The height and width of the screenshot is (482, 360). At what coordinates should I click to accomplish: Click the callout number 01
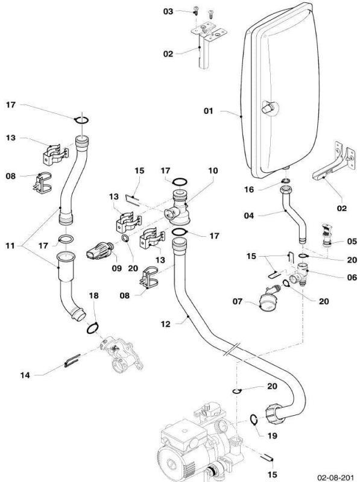(x=208, y=111)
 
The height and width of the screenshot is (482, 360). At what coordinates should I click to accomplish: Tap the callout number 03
(x=168, y=11)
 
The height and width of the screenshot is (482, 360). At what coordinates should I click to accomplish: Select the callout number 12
(x=165, y=324)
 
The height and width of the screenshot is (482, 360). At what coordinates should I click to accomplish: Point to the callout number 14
(x=25, y=375)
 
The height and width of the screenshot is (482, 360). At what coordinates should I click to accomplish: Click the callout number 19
(x=272, y=436)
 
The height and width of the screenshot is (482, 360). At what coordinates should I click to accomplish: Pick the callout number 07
(x=237, y=301)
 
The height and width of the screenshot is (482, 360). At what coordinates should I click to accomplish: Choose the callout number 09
(x=116, y=268)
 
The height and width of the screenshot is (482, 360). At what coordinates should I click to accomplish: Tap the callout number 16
(x=249, y=189)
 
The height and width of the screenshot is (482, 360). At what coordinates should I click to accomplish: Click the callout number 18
(x=93, y=295)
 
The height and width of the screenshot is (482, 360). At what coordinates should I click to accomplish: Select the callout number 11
(x=10, y=246)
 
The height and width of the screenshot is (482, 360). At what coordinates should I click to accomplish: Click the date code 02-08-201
(x=335, y=477)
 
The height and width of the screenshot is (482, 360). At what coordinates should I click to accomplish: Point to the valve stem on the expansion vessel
(x=268, y=108)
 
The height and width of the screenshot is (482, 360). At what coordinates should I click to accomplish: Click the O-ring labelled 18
(x=92, y=328)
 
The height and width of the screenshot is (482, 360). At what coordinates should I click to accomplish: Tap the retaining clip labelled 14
(x=72, y=360)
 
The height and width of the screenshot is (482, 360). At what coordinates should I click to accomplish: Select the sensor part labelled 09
(x=100, y=251)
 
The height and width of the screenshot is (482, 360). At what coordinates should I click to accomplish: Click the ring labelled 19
(x=253, y=419)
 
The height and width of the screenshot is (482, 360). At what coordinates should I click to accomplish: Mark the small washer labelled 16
(x=286, y=180)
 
